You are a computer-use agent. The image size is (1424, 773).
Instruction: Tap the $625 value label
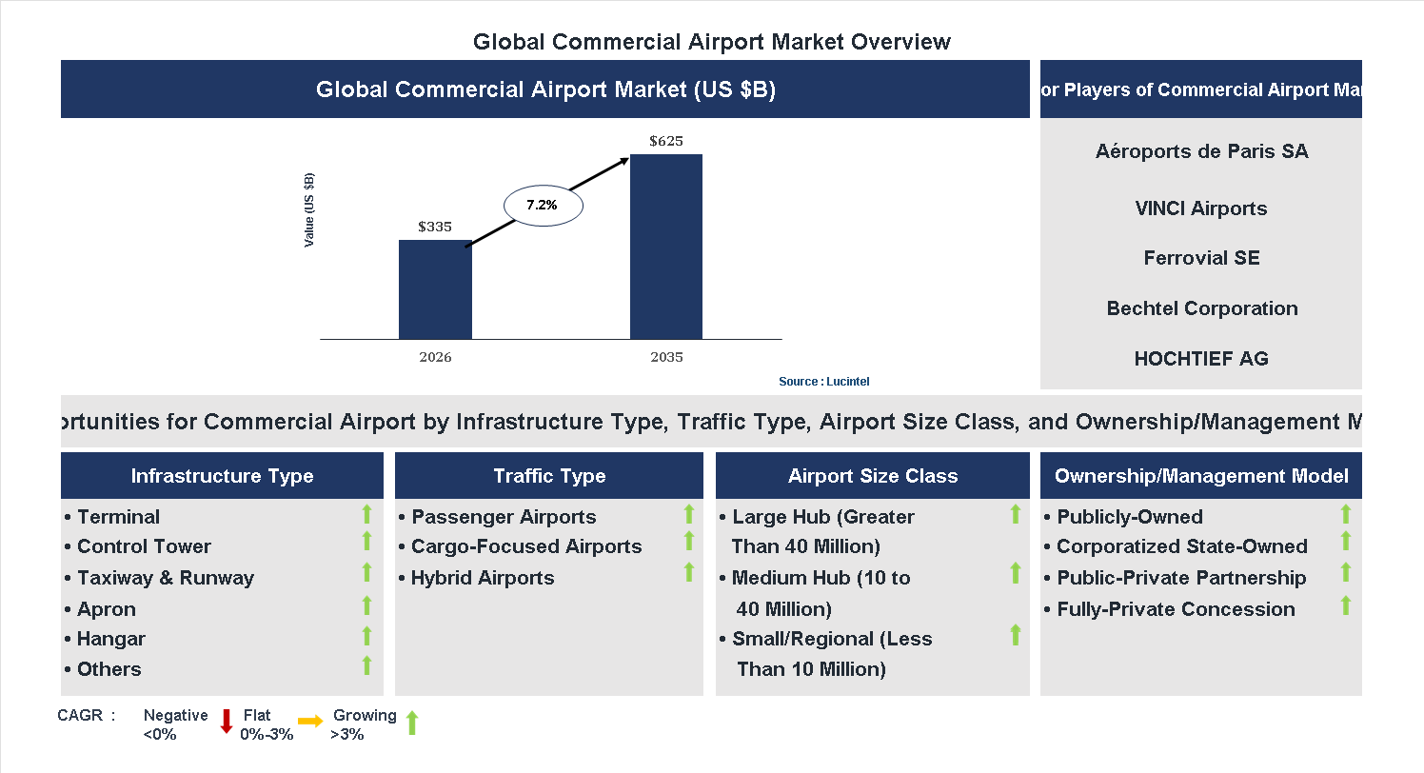tap(666, 141)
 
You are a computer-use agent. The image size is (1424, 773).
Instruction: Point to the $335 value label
tap(435, 227)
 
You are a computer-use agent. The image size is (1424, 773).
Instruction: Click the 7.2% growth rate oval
tap(542, 205)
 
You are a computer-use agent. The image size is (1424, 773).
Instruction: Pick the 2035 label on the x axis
tap(666, 358)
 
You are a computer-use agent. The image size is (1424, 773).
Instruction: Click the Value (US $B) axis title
tap(308, 210)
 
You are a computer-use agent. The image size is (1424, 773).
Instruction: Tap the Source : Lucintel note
tap(823, 382)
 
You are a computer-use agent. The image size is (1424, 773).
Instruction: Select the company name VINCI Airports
tap(1201, 208)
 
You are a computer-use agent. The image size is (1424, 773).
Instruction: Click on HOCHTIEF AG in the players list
tap(1201, 359)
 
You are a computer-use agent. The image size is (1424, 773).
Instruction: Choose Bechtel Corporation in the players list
tap(1201, 308)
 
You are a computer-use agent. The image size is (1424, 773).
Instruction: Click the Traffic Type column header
tap(549, 476)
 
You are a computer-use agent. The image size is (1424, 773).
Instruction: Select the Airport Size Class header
tap(873, 476)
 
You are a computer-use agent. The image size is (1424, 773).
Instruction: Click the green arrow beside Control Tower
tap(366, 542)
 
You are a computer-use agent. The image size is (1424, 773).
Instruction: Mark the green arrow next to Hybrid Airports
tap(689, 572)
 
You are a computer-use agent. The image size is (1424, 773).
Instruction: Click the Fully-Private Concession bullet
tap(1176, 609)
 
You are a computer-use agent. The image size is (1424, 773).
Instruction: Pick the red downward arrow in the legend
tap(227, 722)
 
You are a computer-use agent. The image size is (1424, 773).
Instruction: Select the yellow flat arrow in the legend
tap(310, 722)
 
